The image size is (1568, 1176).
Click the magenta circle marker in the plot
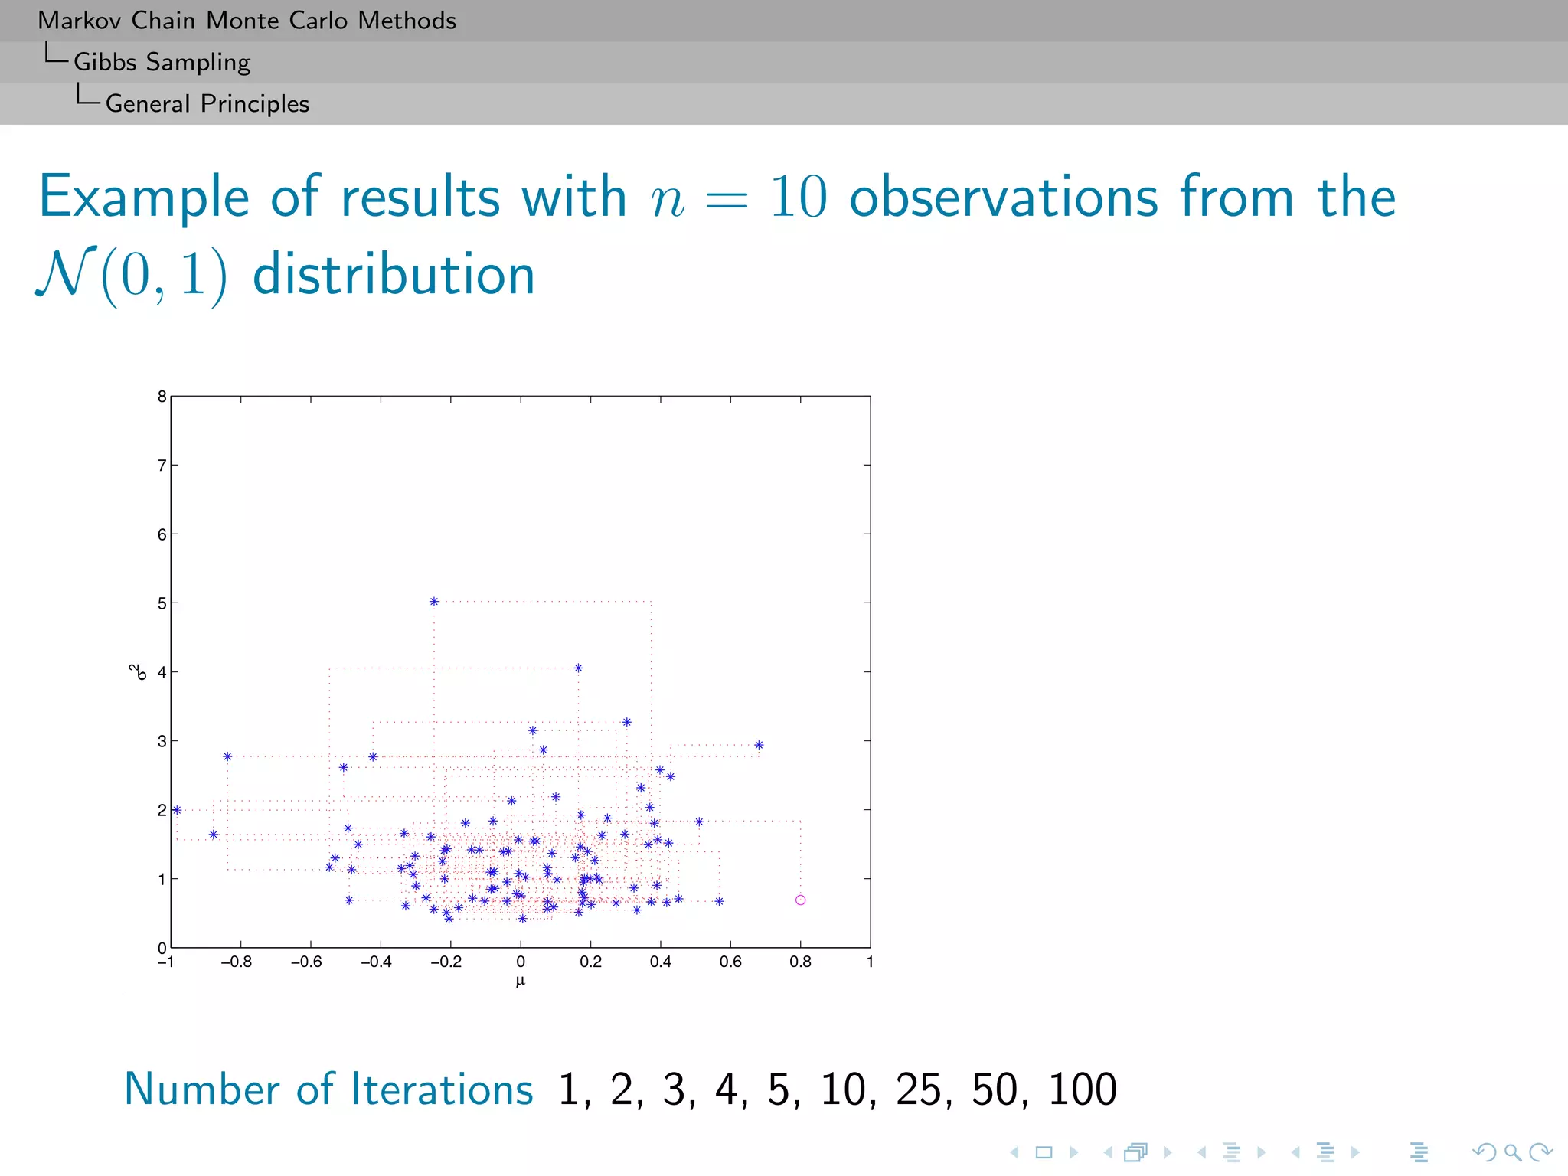[800, 900]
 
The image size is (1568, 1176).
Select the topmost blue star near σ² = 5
[434, 602]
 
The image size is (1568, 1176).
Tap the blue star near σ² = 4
[578, 668]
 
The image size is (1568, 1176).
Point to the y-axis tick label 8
[162, 397]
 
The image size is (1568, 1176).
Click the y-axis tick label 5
[162, 603]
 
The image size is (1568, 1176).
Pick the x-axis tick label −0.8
[236, 962]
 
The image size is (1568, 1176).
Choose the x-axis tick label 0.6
[730, 962]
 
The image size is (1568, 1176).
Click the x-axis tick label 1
[870, 962]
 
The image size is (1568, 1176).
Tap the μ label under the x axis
[521, 982]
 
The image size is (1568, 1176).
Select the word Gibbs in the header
[105, 62]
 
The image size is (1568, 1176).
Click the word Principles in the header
[255, 103]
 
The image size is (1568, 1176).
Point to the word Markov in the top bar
[80, 21]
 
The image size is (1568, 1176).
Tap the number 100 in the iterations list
[1082, 1089]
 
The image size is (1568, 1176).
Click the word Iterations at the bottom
[442, 1089]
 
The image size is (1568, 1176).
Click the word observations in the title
[1004, 197]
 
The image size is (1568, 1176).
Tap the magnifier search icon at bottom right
[1512, 1151]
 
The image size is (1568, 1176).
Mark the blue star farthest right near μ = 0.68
[759, 745]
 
